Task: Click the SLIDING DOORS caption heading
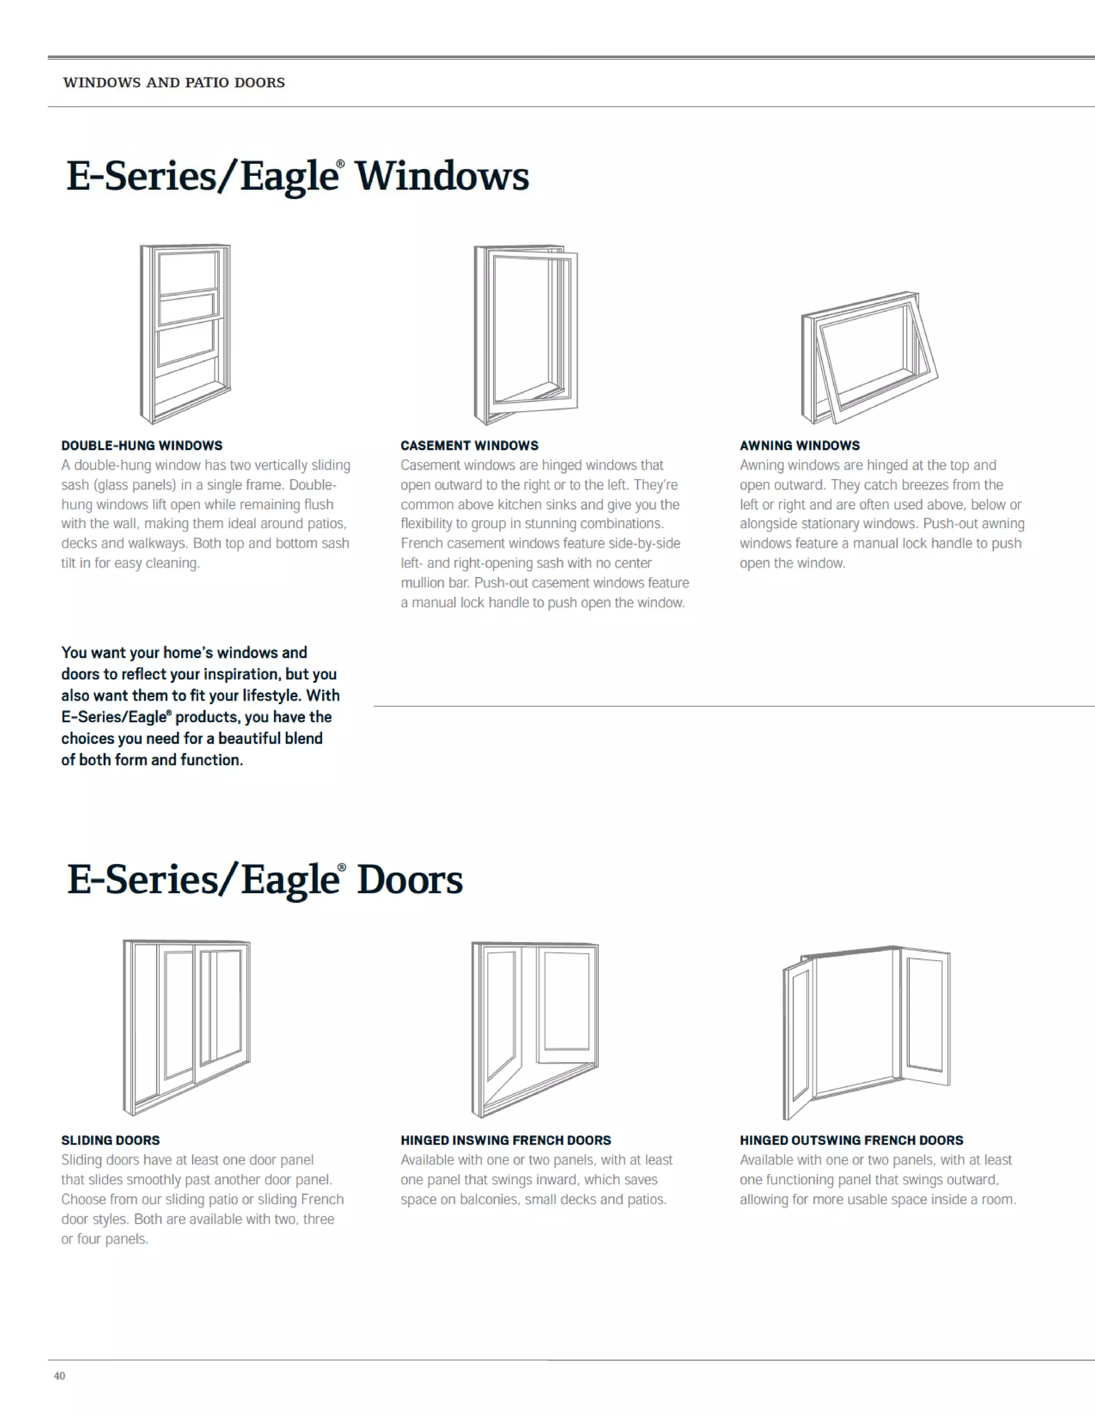(110, 1140)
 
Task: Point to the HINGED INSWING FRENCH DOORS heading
(506, 1140)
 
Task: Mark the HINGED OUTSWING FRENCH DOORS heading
(852, 1140)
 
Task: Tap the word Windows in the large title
(442, 176)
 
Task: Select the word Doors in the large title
(410, 880)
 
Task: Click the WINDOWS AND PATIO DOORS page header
(174, 82)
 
